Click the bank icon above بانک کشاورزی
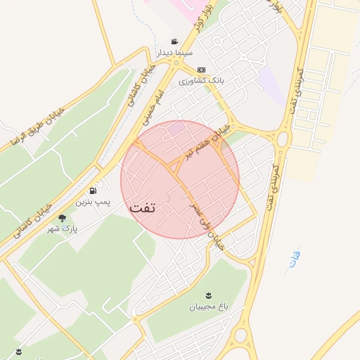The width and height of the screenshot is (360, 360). point(202,70)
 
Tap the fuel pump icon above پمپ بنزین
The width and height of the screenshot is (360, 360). point(93,191)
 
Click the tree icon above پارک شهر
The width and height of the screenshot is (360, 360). point(63,218)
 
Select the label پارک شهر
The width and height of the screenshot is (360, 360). point(63,230)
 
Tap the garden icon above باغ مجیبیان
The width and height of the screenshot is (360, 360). point(208,295)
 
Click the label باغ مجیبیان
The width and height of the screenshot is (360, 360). point(208,307)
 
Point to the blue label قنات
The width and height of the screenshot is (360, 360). point(295,259)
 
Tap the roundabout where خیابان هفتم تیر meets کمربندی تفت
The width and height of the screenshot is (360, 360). point(283,139)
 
